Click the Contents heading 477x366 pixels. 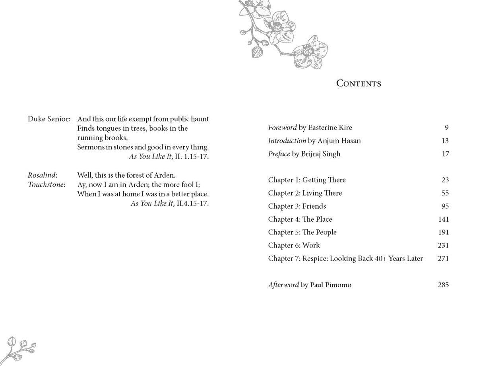[x=359, y=83]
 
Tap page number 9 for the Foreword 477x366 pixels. [x=446, y=128]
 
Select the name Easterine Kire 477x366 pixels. [x=330, y=128]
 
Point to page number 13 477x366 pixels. [x=445, y=141]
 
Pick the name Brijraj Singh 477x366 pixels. [x=320, y=154]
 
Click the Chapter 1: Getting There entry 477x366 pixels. [x=307, y=180]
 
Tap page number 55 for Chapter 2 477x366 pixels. [x=445, y=193]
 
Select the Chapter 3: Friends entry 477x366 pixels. [x=297, y=206]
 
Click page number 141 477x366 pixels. [x=443, y=219]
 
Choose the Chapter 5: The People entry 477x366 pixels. [x=302, y=232]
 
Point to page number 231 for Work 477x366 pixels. [x=443, y=246]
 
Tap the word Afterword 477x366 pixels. [x=283, y=285]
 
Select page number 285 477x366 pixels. [x=443, y=285]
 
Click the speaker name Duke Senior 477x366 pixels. [x=49, y=119]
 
